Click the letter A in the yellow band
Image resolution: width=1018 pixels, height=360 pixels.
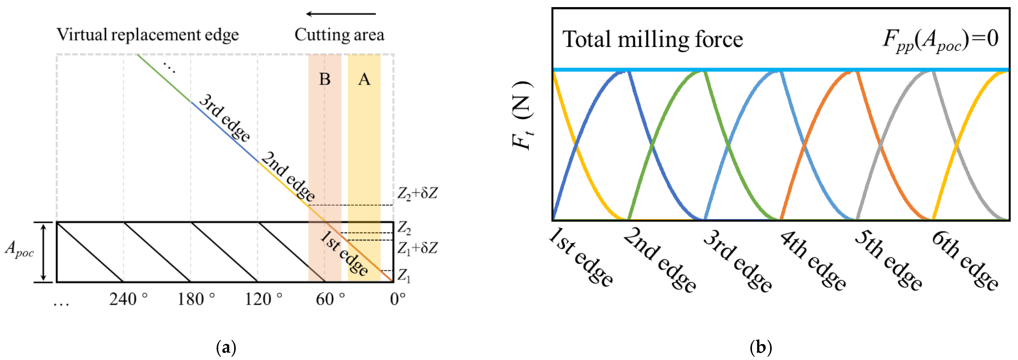(x=364, y=79)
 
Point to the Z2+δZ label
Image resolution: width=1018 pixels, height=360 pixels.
(x=417, y=194)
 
